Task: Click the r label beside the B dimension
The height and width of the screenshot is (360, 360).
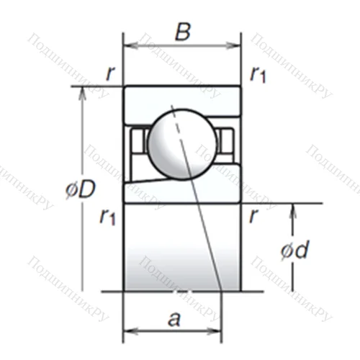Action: click(109, 72)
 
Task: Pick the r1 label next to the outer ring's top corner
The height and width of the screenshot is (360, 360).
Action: click(258, 73)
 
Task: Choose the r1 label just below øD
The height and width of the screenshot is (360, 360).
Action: click(107, 217)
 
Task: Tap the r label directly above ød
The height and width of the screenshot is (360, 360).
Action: click(253, 215)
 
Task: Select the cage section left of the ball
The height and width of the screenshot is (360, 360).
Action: click(136, 141)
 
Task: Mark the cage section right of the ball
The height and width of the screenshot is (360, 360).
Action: click(227, 141)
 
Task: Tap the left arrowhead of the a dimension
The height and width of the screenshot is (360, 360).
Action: click(128, 331)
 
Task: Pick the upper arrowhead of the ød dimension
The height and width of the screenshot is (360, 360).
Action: click(294, 207)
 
